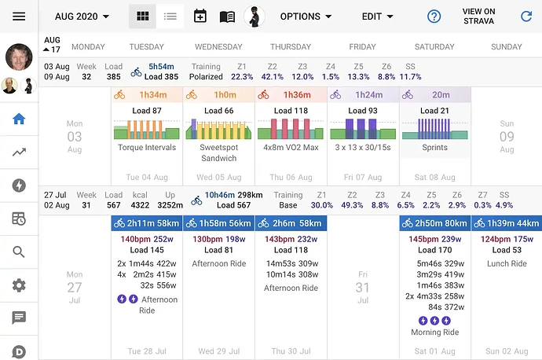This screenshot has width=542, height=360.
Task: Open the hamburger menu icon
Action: (19, 16)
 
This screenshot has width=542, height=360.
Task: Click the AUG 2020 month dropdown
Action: (82, 16)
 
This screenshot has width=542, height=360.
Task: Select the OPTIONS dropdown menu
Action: (306, 16)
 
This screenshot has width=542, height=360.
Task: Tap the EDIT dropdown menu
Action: (376, 16)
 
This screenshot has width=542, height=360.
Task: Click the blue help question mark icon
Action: (434, 16)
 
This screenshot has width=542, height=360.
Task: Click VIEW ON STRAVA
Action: (478, 16)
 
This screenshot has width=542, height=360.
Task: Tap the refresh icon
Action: (526, 16)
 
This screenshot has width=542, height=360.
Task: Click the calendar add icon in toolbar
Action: (200, 16)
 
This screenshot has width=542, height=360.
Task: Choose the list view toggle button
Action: (170, 16)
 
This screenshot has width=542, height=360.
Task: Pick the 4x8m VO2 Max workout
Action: (290, 147)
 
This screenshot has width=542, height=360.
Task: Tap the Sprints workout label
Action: (434, 147)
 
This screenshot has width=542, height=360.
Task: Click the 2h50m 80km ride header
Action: (434, 223)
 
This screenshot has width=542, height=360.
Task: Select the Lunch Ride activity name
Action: (507, 263)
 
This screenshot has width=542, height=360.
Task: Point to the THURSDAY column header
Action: (291, 46)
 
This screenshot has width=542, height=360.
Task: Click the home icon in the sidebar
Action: (19, 119)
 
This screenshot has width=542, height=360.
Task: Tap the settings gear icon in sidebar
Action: (19, 285)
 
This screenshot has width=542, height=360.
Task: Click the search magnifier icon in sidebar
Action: (19, 252)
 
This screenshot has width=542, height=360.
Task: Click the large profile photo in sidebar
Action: (19, 57)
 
